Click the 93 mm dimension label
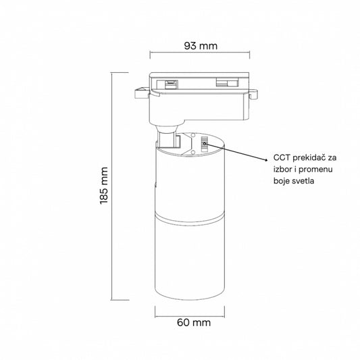(x=201, y=46)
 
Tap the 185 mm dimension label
(x=104, y=186)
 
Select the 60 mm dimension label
(x=194, y=323)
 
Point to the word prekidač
(x=309, y=158)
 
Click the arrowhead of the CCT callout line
(x=266, y=160)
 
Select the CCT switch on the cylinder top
(x=204, y=144)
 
